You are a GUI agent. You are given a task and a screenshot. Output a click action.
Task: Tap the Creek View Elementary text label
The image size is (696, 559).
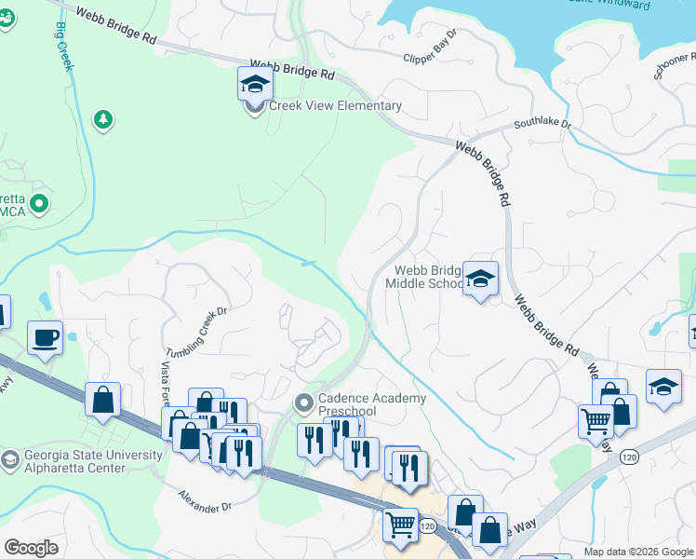tap(335, 106)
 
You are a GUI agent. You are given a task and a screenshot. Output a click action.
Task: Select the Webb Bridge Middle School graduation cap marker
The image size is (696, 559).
tap(480, 279)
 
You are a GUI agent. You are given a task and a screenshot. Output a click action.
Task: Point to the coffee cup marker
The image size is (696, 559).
tap(44, 337)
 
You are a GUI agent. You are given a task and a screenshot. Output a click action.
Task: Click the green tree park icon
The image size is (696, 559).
tap(103, 119)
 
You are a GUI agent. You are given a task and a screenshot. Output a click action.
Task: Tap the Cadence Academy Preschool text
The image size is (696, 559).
tap(372, 404)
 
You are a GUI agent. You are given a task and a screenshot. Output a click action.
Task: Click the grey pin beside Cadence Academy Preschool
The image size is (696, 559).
tap(303, 403)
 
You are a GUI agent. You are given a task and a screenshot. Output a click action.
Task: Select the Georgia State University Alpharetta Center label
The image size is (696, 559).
tap(74, 461)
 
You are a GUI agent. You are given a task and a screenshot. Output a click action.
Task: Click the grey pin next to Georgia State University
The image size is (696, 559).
tap(9, 459)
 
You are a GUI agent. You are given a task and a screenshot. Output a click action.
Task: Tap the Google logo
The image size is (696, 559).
tap(31, 548)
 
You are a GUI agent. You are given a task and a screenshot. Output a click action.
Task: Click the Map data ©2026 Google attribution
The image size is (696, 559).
tap(637, 552)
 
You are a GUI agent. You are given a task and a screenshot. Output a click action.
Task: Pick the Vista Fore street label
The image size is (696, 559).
tap(167, 381)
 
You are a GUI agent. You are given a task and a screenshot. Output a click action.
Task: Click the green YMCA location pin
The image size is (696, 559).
tap(39, 203)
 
